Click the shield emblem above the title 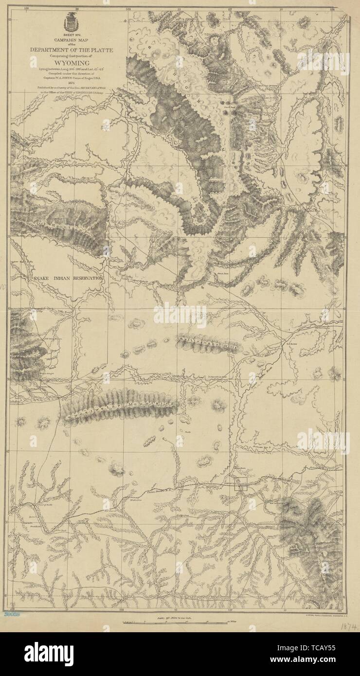(x=71, y=22)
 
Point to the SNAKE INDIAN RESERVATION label (x=68, y=278)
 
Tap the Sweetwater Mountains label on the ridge (x=122, y=404)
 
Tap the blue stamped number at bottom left (x=11, y=614)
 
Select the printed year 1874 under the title (x=71, y=83)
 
